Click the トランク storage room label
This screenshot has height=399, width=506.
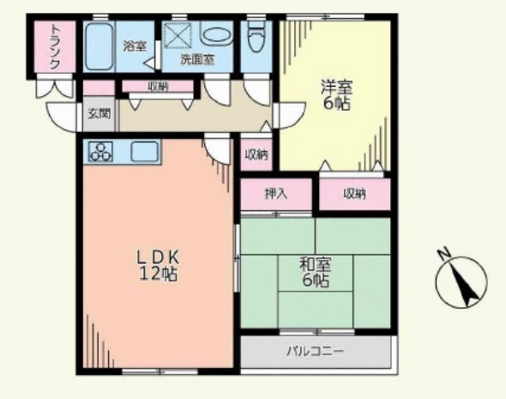(55, 47)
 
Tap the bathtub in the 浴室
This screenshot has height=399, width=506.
(99, 46)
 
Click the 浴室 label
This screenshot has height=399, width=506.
(135, 46)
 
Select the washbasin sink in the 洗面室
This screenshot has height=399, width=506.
(216, 34)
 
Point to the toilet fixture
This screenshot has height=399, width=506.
(256, 37)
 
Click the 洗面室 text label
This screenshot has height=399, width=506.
(197, 59)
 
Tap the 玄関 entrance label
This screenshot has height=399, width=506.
(99, 113)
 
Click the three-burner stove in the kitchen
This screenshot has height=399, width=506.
(101, 151)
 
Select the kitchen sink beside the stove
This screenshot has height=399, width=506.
(144, 151)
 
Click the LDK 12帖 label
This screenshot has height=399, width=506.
(158, 265)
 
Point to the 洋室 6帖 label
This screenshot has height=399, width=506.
(336, 95)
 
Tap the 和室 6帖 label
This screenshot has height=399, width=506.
(316, 272)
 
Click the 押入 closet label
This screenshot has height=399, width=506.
(276, 194)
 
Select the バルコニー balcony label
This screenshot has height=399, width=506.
(316, 351)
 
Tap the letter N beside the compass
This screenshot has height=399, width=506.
(444, 253)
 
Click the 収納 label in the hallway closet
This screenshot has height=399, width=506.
(158, 86)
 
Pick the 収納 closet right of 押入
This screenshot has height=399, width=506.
(355, 193)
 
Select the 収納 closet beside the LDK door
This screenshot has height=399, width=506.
(257, 155)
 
